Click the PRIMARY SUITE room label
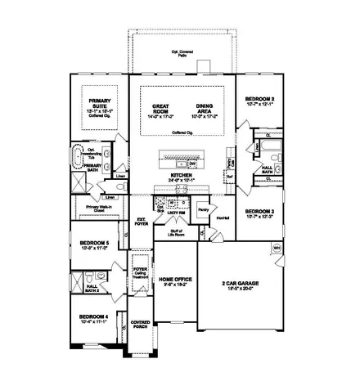[98, 104]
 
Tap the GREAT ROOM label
[161, 107]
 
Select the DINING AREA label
[204, 107]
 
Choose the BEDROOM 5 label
[94, 244]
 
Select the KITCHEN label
[181, 176]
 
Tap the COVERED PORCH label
[141, 324]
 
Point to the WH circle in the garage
[277, 247]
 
